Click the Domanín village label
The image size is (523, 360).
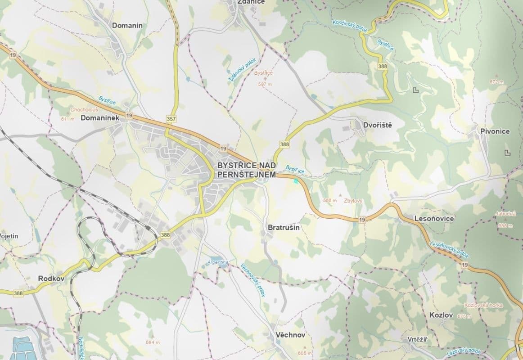127,26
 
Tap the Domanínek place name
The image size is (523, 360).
99,118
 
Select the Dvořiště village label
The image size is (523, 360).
377,125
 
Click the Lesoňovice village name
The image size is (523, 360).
434,219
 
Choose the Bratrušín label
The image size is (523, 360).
284,228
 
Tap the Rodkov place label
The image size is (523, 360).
52,279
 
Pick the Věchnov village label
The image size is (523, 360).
291,335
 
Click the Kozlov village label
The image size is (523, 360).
441,315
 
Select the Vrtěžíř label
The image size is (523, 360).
417,339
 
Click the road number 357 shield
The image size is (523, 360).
171,118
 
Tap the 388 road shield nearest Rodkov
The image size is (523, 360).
18,293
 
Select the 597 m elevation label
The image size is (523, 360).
265,84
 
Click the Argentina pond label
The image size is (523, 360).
218,262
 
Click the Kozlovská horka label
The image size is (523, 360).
483,305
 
